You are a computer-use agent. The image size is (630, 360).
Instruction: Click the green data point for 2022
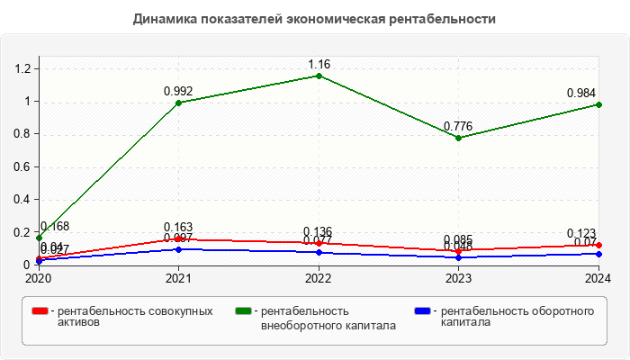point(319,76)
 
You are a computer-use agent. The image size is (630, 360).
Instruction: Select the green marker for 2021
point(178,103)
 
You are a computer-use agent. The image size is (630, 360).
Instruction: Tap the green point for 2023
point(458,138)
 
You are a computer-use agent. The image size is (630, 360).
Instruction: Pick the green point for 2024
point(598,104)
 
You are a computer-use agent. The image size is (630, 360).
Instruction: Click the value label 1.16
point(319,64)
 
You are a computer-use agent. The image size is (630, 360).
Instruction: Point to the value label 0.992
point(178,91)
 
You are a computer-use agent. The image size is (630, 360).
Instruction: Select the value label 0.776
point(458,126)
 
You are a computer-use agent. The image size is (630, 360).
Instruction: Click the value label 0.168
point(55,226)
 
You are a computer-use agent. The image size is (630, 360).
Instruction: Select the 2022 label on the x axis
point(319,279)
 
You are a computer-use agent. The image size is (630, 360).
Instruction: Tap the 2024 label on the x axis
point(598,279)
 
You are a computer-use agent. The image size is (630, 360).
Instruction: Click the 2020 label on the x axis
point(39,279)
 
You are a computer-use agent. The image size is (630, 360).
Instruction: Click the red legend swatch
point(40,311)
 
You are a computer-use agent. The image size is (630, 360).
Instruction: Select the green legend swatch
point(243,311)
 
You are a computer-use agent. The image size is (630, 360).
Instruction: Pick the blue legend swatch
point(421,311)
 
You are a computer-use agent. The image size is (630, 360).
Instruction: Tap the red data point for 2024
point(598,245)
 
